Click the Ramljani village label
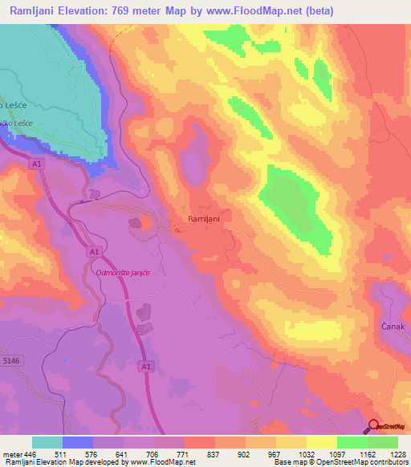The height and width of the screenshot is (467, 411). coord(203,218)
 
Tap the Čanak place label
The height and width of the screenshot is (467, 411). coord(391,327)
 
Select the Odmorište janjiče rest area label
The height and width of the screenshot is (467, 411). coord(124,274)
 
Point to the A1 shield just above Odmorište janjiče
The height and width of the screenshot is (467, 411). coord(95,252)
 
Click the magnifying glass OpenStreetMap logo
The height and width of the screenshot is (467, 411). coord(373,427)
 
